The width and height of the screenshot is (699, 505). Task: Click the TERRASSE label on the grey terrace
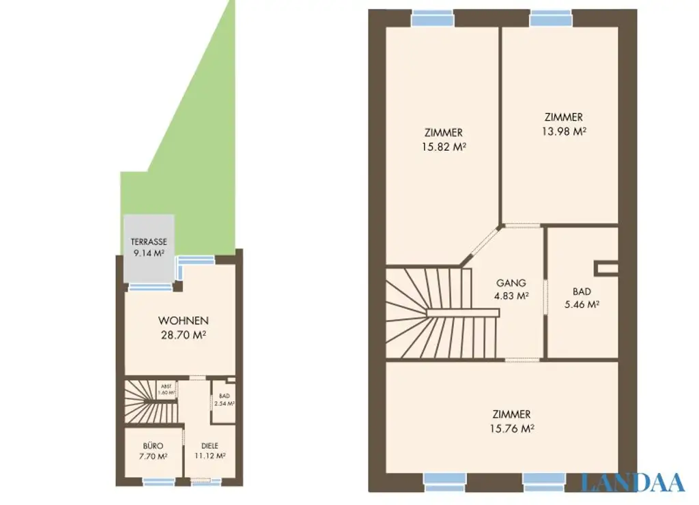[x=149, y=242]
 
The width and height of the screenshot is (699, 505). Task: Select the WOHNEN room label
[x=183, y=321]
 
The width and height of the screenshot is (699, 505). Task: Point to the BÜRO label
[x=153, y=446]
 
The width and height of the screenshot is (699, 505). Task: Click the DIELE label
[x=210, y=446]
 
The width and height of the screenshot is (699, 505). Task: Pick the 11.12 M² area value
[x=210, y=456]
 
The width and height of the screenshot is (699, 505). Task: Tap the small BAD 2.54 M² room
[x=224, y=400]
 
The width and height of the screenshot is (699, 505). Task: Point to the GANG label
[x=511, y=283]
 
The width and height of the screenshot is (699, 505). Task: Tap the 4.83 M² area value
[x=511, y=296]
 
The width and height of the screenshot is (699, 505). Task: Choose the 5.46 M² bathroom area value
[x=582, y=304]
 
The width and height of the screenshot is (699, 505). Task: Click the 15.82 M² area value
[x=444, y=146]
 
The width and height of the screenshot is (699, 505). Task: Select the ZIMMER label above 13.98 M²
[x=564, y=117]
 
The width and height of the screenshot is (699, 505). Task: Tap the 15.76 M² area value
[x=511, y=429]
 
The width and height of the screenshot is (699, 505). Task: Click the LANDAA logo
[x=632, y=482]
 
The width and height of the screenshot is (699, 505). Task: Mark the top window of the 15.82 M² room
[x=433, y=18]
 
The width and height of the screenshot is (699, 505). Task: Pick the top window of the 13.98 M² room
[x=551, y=18]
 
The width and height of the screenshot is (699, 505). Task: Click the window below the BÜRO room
[x=158, y=481]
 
